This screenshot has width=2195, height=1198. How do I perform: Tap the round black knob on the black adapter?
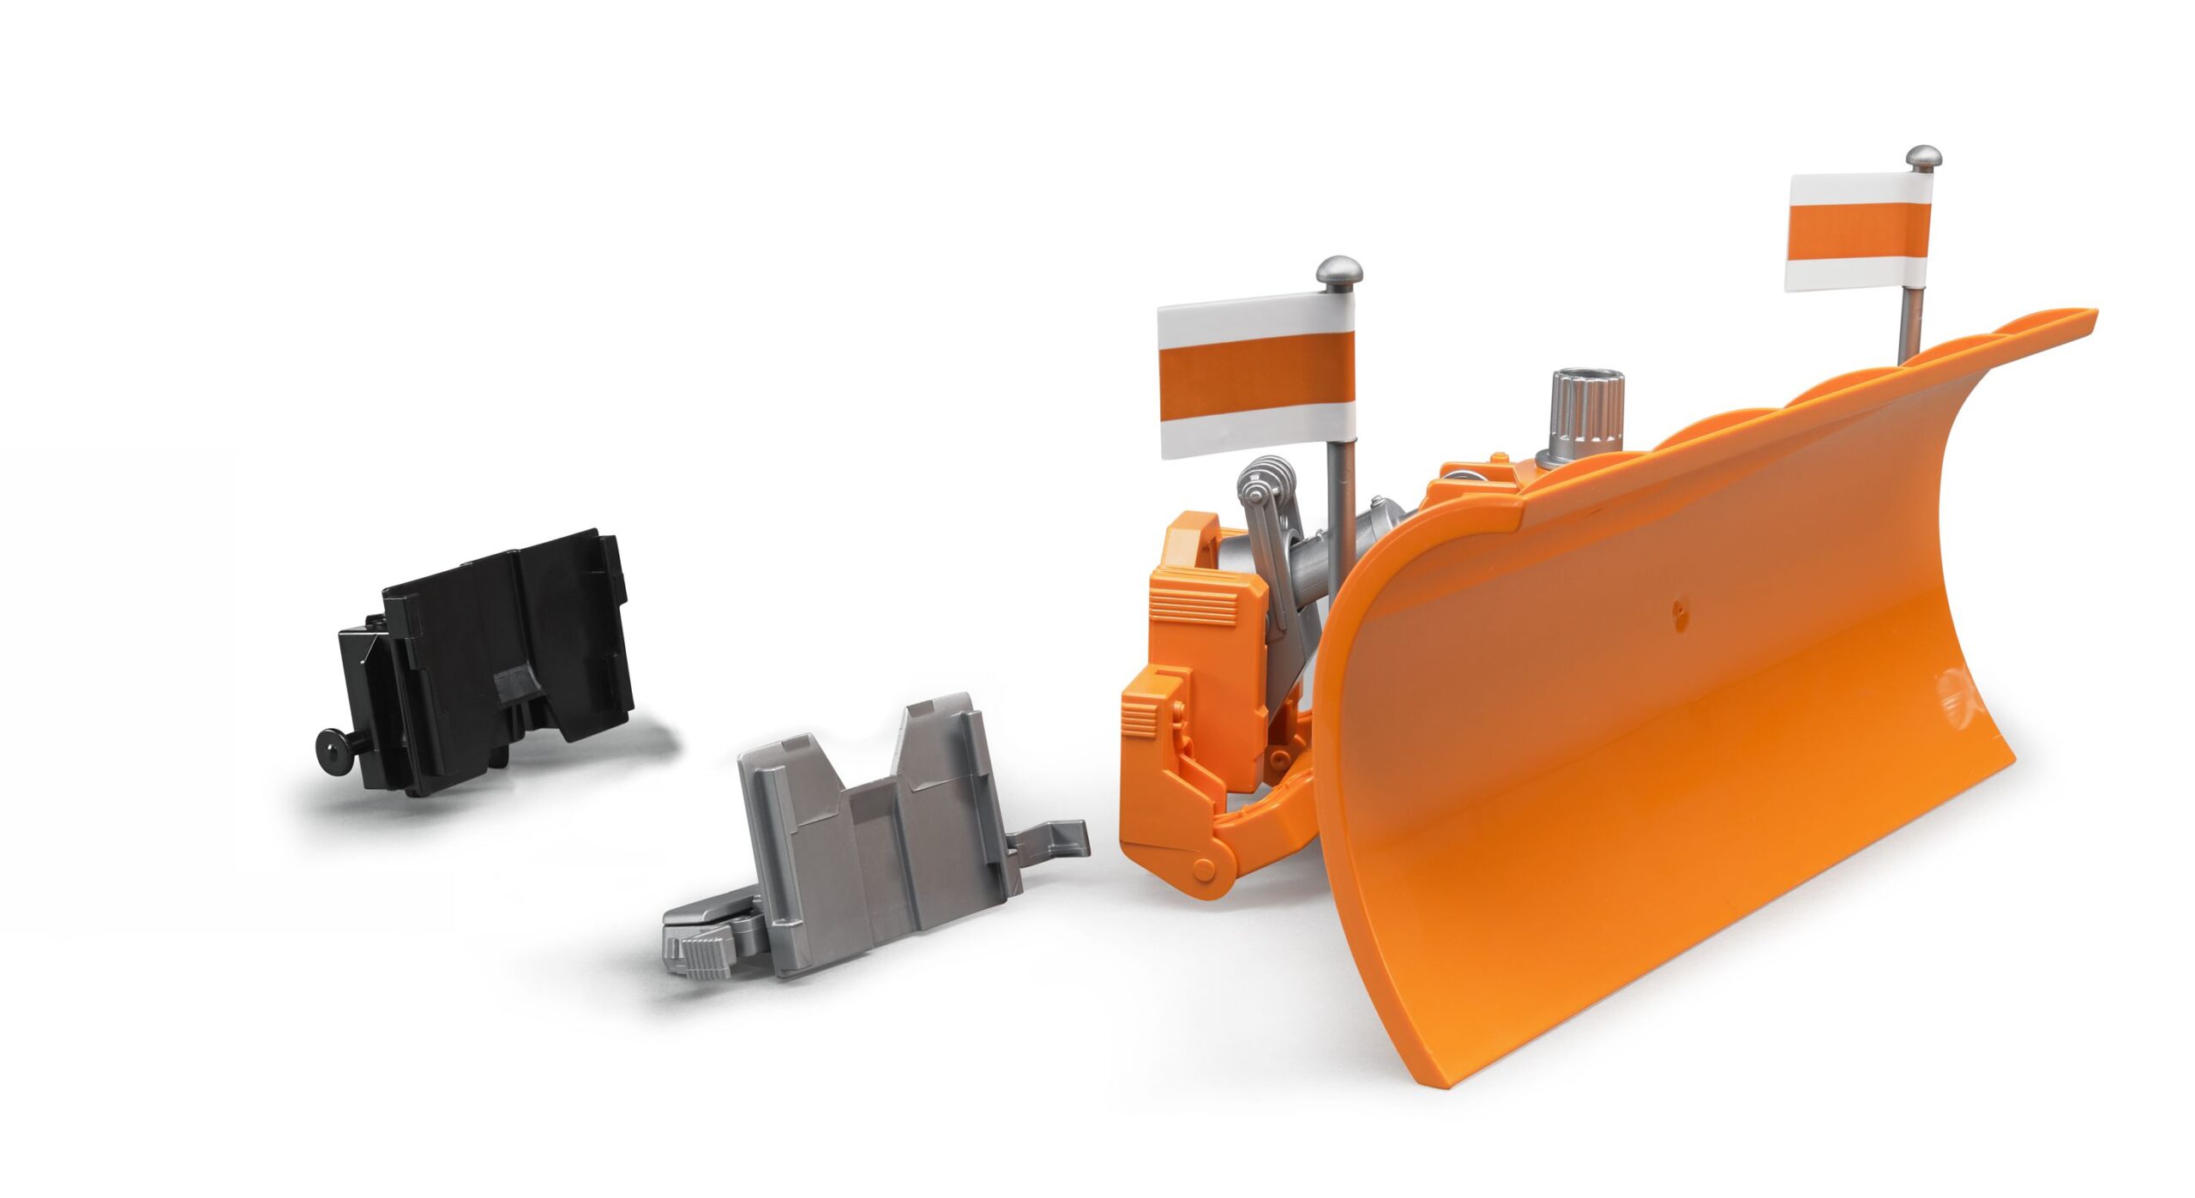pyautogui.click(x=331, y=747)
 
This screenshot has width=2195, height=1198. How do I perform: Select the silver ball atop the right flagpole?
pyautogui.click(x=1923, y=159)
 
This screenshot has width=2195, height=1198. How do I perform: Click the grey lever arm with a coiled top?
pyautogui.click(x=1269, y=549)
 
